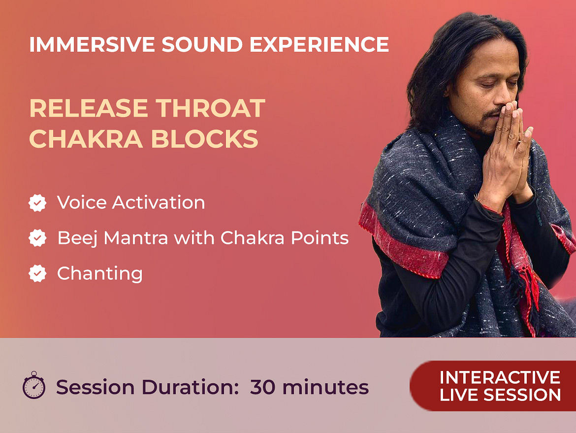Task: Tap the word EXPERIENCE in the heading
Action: pyautogui.click(x=319, y=44)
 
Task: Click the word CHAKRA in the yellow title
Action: pyautogui.click(x=86, y=139)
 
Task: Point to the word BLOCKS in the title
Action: pyautogui.click(x=204, y=139)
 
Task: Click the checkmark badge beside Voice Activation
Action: pyautogui.click(x=37, y=203)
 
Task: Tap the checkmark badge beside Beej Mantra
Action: pyautogui.click(x=37, y=238)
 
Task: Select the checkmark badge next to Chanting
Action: pyautogui.click(x=37, y=273)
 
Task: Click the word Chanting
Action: pyautogui.click(x=100, y=274)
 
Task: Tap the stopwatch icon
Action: pyautogui.click(x=34, y=385)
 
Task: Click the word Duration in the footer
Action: pyautogui.click(x=191, y=387)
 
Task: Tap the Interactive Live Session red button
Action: pyautogui.click(x=493, y=386)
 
